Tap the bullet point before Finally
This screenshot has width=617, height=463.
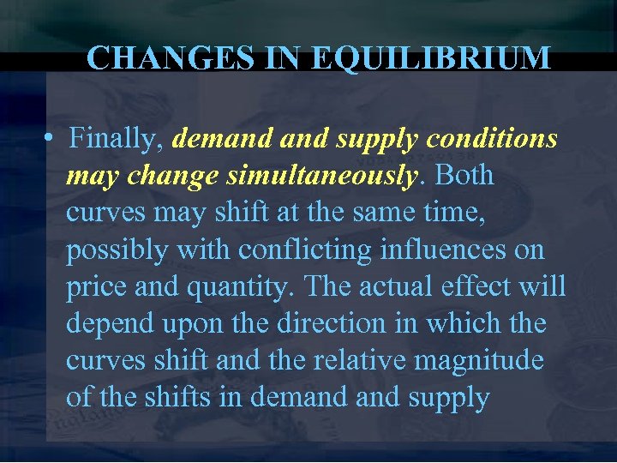coord(52,138)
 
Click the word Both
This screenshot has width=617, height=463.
coord(465,175)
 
